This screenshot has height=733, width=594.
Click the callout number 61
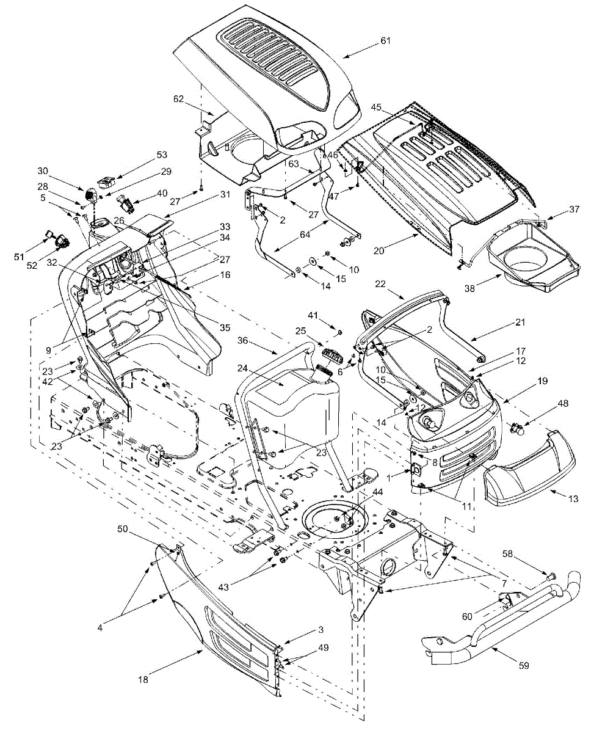(385, 41)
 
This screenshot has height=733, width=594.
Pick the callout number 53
(144, 155)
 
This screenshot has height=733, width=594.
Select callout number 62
(178, 98)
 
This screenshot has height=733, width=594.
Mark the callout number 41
(330, 315)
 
